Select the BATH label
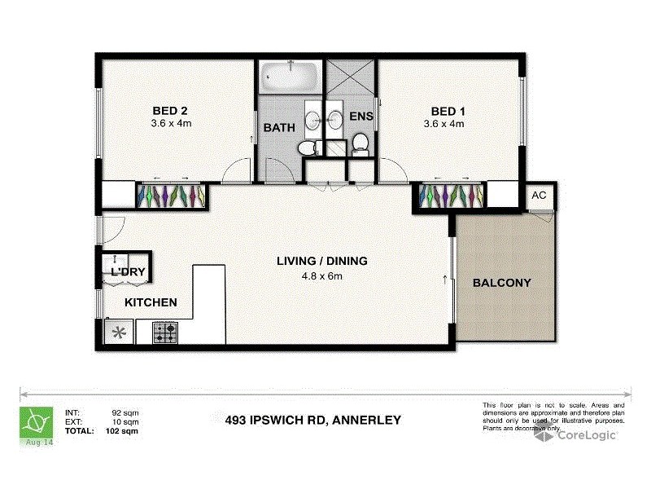click(279, 127)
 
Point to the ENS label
click(361, 117)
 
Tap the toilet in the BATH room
click(307, 148)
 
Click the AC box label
click(539, 196)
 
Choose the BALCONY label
click(502, 283)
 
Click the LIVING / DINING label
click(322, 262)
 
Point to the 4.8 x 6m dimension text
click(322, 275)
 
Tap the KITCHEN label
click(151, 302)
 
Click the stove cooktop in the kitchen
click(167, 332)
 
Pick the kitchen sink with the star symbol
click(120, 332)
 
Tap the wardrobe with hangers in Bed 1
click(452, 196)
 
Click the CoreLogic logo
click(575, 435)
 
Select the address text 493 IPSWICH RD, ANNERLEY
click(312, 421)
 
